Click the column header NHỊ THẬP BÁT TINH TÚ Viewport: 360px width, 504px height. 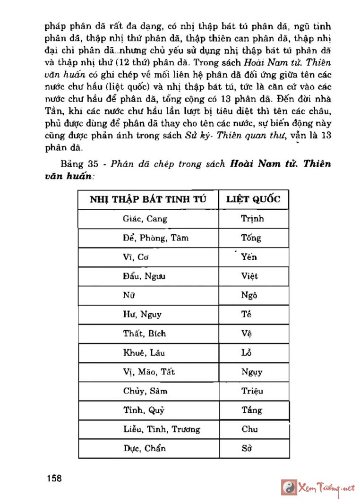tap(148, 199)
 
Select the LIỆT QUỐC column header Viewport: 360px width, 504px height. tap(253, 199)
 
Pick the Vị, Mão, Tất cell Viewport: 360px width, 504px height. tap(149, 372)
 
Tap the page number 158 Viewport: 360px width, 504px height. tap(54, 478)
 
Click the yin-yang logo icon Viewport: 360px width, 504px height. tap(289, 487)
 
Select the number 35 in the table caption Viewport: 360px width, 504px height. tap(92, 164)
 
